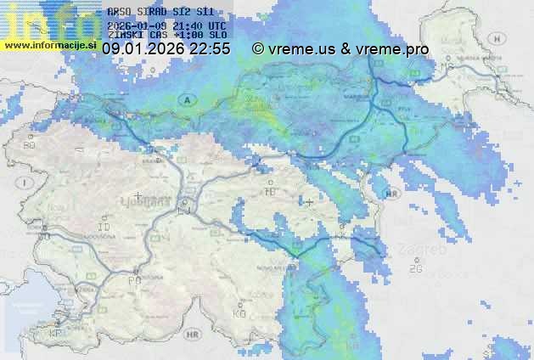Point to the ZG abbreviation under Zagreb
(x=415, y=269)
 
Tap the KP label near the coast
(x=56, y=333)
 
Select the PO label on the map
(x=134, y=280)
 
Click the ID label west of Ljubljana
(x=104, y=228)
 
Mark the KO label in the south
(x=239, y=313)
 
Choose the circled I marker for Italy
(x=26, y=183)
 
